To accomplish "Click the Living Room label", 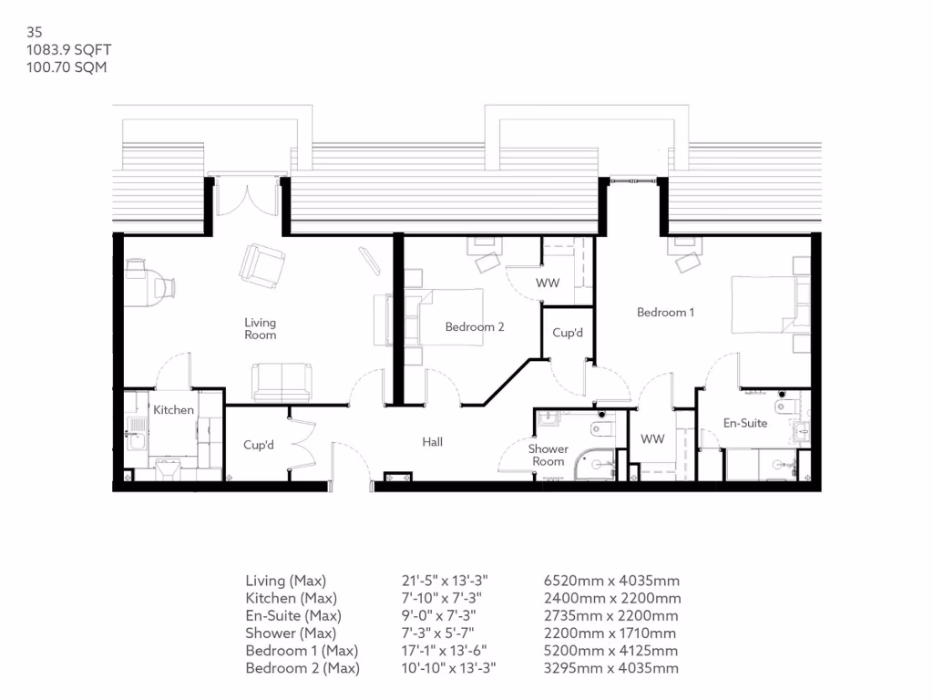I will (260, 329).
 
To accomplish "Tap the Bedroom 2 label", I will (475, 327).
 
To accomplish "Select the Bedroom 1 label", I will (665, 313).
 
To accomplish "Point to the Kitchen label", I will (173, 410).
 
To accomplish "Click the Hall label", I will (432, 442).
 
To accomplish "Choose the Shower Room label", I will (549, 455).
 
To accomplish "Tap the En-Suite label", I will (745, 423).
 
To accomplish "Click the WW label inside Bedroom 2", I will (548, 283).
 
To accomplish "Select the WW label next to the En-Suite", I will (652, 439).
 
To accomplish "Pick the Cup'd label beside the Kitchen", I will (259, 446).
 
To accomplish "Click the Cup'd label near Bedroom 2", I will (568, 334).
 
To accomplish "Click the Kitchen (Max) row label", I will (291, 598).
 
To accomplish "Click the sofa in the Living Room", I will (282, 382).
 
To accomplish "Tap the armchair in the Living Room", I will (262, 265).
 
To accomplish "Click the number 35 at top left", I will (35, 33).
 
